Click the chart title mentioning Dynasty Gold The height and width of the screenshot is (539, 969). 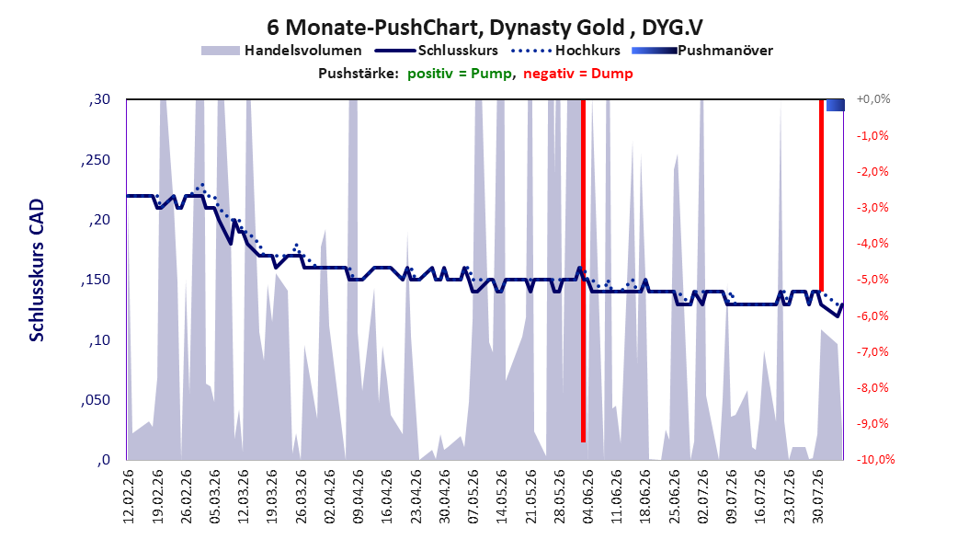pos(485,28)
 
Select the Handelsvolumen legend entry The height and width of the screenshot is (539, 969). pos(282,51)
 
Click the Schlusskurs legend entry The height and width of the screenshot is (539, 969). pos(437,51)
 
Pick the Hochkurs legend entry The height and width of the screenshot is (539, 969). pos(566,51)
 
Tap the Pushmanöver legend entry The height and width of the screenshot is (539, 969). pos(702,51)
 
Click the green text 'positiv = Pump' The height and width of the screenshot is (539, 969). pos(459,74)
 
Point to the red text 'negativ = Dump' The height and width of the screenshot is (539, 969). pos(578,74)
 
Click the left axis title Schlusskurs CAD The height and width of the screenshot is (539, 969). pos(37,270)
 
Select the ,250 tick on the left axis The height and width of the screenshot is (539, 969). pos(96,159)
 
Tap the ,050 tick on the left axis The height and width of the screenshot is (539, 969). pos(96,400)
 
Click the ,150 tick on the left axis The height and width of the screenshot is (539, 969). pos(96,280)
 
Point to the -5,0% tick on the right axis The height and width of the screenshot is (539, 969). pos(872,280)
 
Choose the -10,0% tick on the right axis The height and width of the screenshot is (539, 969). pos(875,459)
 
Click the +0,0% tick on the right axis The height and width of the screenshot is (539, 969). pos(872,99)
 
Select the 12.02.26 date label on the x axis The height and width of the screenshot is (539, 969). pos(129,497)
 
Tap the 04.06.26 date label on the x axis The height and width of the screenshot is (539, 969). pos(587,497)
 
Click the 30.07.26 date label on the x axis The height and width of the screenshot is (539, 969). pos(817,497)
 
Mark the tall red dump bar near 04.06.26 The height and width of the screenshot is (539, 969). pos(584,270)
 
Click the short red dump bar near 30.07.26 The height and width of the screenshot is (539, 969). pos(821,195)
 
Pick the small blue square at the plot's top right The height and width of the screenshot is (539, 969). pos(836,105)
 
